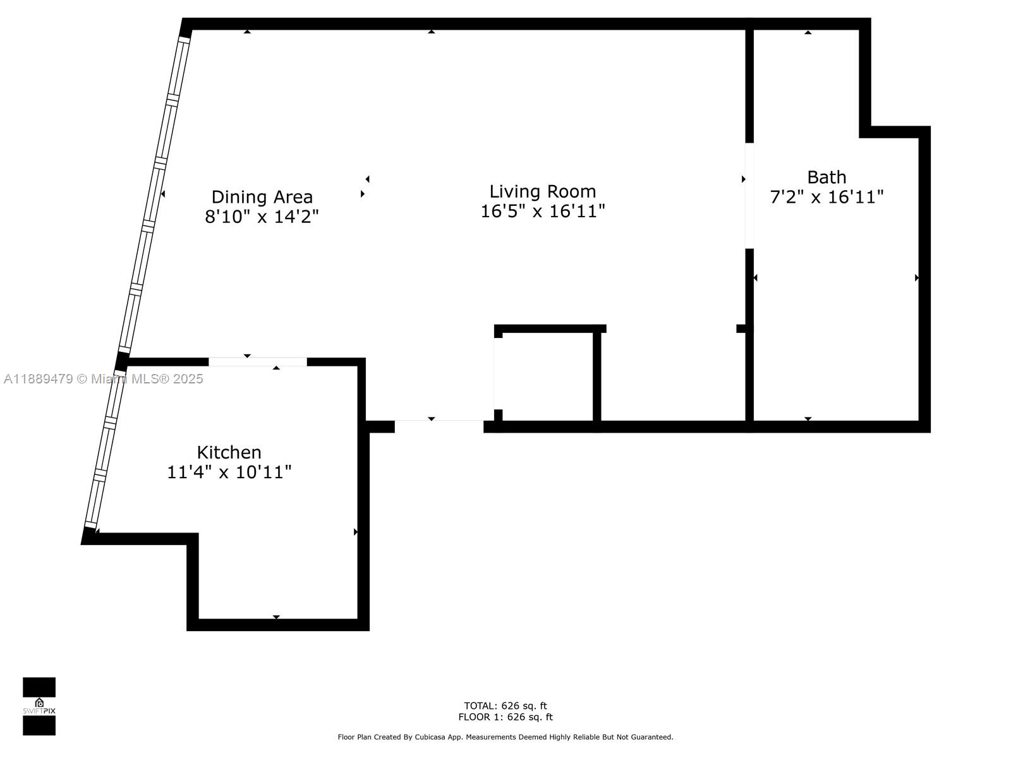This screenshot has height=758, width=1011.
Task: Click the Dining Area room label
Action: click(262, 197)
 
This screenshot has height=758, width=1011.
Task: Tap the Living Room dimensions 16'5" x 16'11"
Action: click(543, 211)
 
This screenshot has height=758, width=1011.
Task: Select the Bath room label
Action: click(826, 177)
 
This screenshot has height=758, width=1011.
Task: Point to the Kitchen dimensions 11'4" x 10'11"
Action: click(229, 472)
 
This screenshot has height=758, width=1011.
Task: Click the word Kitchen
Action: click(229, 452)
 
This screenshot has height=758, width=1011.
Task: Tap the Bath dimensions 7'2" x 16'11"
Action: click(826, 197)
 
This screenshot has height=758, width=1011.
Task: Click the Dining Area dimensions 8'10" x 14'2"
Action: click(262, 217)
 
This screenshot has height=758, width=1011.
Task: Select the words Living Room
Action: click(543, 191)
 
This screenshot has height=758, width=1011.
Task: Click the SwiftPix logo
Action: click(39, 706)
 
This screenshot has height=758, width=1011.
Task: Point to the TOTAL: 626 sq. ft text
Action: click(505, 706)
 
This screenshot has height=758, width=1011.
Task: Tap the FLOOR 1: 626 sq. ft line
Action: click(505, 717)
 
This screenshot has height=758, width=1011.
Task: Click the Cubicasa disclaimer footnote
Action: click(505, 737)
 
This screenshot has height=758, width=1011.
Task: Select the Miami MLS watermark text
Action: click(103, 378)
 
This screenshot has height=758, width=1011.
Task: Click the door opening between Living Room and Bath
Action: click(749, 196)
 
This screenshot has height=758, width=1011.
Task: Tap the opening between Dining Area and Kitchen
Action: click(258, 362)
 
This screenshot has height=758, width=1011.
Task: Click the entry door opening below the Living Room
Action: click(439, 426)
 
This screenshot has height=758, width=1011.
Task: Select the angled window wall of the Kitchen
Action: click(105, 448)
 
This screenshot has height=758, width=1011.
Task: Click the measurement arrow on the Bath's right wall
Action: click(917, 277)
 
